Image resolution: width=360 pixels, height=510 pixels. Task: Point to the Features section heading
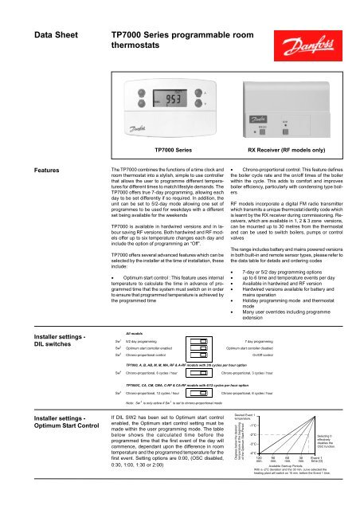click(x=29, y=169)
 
